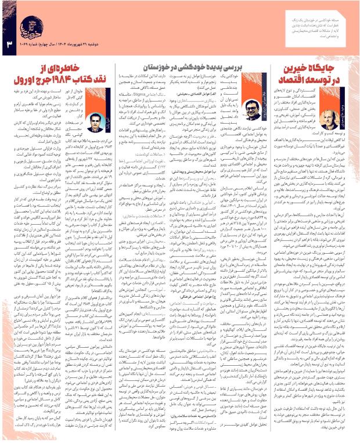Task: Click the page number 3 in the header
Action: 9,44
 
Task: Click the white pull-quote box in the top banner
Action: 294,17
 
